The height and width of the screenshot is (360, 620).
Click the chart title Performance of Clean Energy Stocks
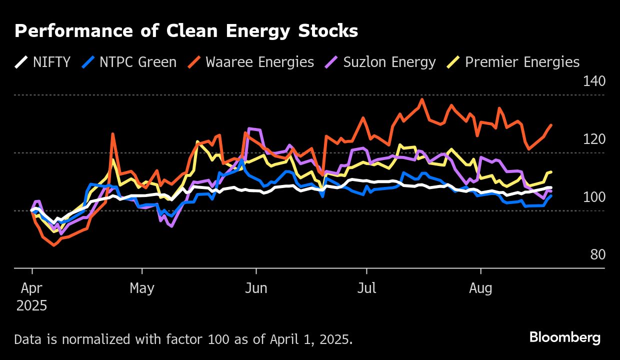click(186, 31)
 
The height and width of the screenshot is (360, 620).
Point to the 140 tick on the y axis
click(594, 81)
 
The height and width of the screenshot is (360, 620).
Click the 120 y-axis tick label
click(594, 139)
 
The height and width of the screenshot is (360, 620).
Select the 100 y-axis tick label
click(594, 197)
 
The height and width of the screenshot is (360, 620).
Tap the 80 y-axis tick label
click(597, 255)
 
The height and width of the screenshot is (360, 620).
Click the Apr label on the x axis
click(32, 289)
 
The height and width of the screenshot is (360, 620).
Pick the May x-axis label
click(142, 289)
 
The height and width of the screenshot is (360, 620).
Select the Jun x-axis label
click(256, 289)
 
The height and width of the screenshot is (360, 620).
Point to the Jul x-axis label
click(366, 289)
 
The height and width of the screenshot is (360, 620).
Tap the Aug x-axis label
click(480, 289)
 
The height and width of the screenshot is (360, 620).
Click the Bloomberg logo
click(565, 338)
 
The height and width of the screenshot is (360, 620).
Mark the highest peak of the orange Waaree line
click(421, 99)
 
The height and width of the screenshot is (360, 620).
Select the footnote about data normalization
click(183, 339)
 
